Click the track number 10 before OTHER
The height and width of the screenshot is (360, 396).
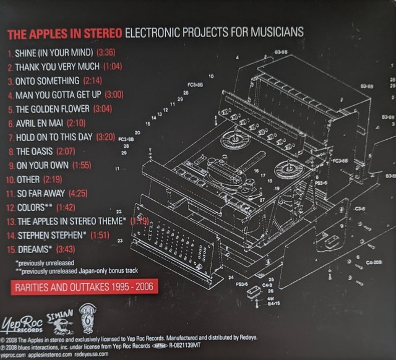click(9, 179)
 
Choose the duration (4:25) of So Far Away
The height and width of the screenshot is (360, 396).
click(81, 193)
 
